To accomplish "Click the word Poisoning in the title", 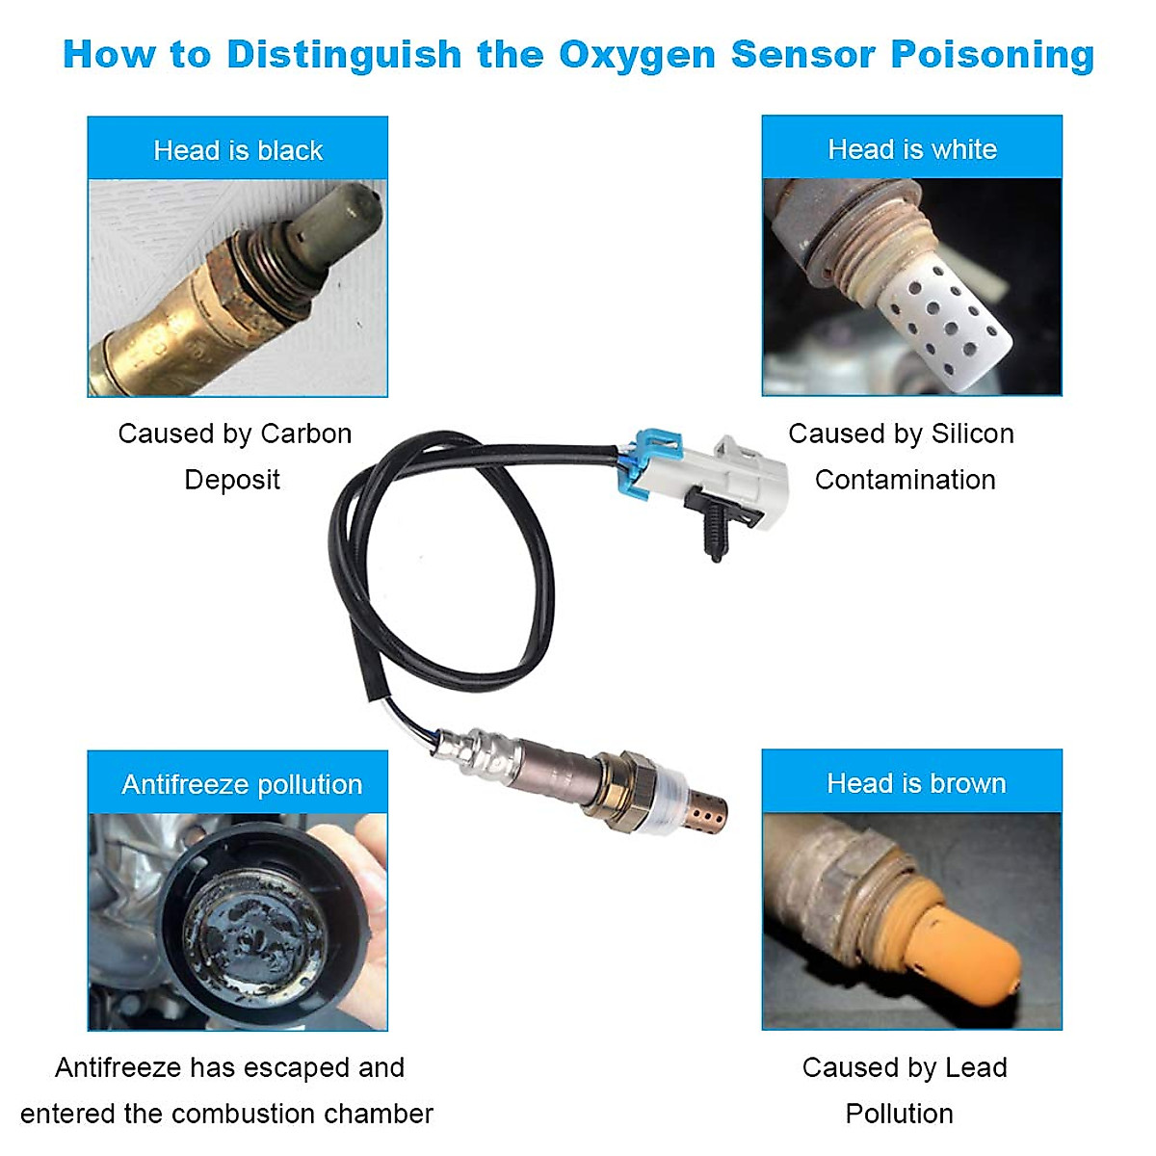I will point(992,55).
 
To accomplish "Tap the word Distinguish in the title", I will point(344,55).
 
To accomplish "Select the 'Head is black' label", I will point(238,150).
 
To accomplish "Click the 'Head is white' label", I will point(911,149).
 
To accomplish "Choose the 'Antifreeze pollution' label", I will point(242,784).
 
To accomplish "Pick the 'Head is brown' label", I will point(915,783).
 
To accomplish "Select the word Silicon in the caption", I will point(972,433).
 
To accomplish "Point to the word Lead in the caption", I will point(976,1067).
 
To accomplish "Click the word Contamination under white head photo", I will point(905,480).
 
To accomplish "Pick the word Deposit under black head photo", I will point(232,480).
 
